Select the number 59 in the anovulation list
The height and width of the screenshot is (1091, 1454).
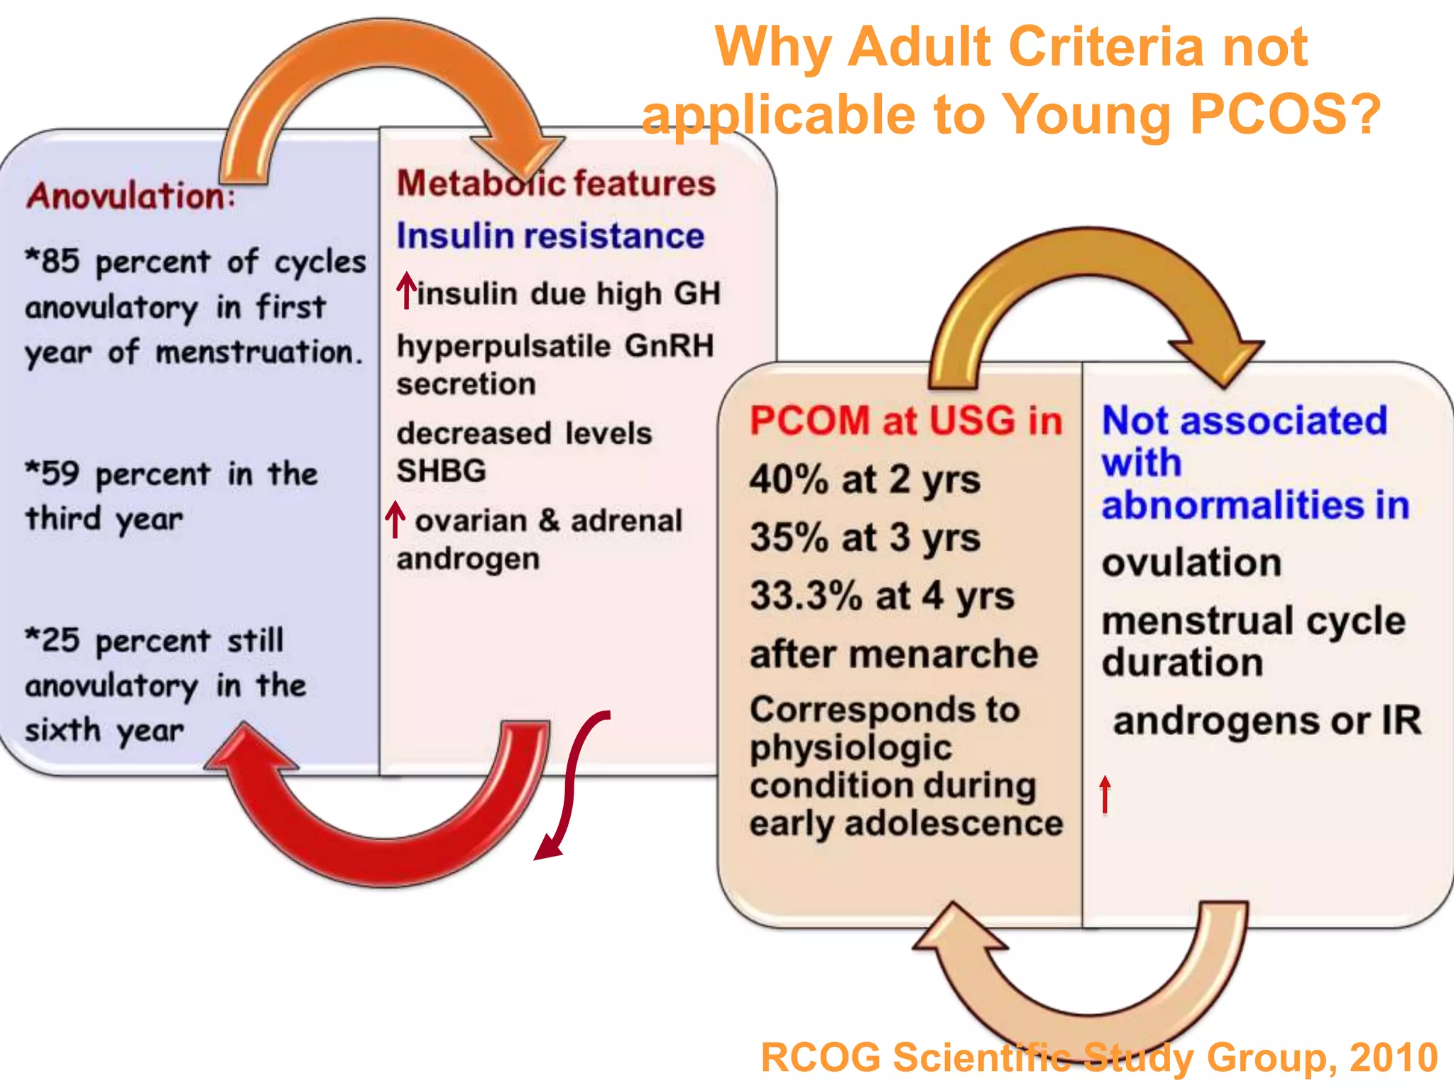[60, 473]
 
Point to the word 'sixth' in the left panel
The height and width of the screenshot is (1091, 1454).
[62, 729]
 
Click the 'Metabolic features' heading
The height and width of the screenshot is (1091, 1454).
[555, 183]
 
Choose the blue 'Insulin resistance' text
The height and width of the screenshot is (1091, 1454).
[550, 235]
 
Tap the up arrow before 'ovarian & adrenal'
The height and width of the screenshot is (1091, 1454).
[395, 519]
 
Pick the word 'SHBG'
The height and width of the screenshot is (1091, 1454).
[441, 470]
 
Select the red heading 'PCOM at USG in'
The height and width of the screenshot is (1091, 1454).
[905, 420]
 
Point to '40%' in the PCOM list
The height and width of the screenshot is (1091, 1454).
[789, 479]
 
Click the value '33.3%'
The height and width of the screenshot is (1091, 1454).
[806, 595]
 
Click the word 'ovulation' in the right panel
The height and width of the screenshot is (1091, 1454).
[1191, 563]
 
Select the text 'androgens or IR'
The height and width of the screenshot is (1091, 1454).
[1267, 720]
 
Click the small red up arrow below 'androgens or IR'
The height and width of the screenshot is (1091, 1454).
[1105, 793]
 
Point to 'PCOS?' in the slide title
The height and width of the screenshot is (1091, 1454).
[1285, 114]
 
